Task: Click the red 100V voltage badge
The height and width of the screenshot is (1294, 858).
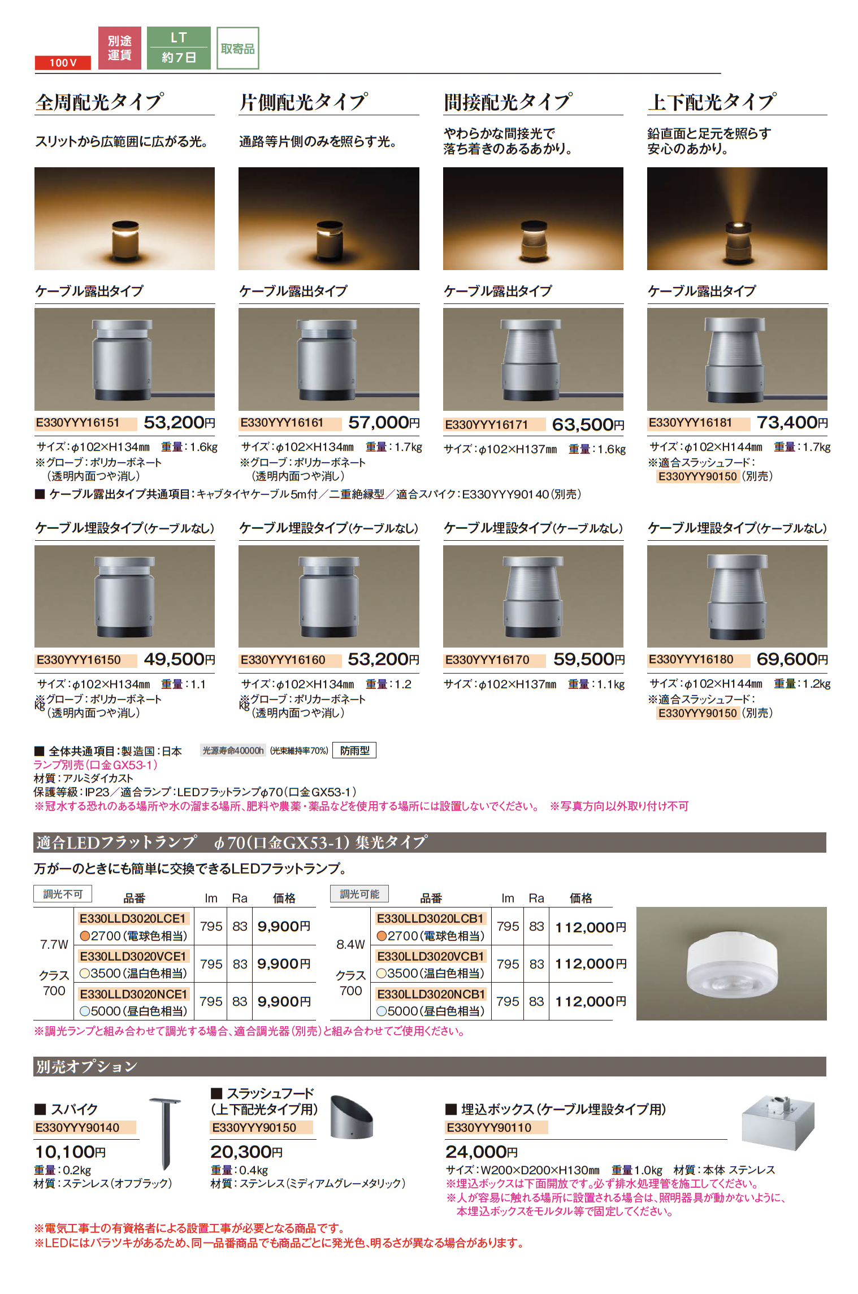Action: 63,63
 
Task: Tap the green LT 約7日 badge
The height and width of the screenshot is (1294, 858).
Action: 179,48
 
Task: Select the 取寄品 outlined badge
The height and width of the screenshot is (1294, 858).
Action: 238,49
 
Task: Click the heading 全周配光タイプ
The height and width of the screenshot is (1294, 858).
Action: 100,102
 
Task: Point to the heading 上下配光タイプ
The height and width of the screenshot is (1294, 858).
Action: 712,102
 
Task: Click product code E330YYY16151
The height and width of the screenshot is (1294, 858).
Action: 78,423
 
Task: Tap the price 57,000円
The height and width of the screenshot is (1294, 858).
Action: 384,423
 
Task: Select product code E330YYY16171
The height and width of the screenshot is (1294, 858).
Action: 487,425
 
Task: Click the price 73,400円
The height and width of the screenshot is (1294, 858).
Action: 792,423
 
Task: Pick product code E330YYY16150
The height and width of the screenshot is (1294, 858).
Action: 79,660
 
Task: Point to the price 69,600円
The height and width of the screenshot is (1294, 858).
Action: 792,659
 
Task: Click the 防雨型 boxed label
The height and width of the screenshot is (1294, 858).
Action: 354,750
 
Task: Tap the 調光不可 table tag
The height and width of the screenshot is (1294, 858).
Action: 63,894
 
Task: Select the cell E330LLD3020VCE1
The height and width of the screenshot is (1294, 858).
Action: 133,956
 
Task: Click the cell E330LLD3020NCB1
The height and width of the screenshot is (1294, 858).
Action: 431,994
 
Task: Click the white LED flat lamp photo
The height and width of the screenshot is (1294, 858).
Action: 731,964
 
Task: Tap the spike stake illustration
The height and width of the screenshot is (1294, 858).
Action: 165,1134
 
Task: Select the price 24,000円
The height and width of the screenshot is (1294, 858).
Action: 482,1152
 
